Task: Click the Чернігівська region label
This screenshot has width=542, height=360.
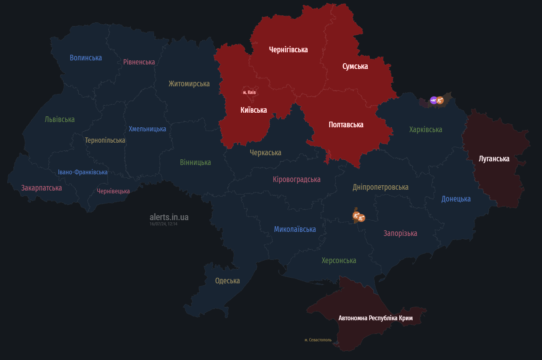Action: click(288, 50)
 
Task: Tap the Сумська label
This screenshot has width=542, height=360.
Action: click(355, 66)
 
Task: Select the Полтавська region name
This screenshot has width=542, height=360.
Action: click(346, 125)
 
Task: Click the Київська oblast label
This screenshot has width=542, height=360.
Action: click(253, 110)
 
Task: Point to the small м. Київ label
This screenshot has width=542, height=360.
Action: click(249, 92)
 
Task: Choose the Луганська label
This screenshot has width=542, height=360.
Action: click(494, 159)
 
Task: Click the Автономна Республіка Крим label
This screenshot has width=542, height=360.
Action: click(375, 318)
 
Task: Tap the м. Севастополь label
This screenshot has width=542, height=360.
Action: click(318, 340)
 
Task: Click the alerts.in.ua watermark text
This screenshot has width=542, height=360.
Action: click(169, 217)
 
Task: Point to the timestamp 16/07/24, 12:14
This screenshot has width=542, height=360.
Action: click(163, 224)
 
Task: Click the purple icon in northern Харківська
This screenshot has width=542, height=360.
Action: click(434, 100)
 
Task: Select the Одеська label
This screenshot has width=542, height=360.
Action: click(227, 281)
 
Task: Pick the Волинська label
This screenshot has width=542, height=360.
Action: click(86, 58)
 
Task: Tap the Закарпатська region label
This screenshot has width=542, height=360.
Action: click(41, 188)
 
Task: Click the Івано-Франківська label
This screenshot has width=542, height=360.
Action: click(83, 172)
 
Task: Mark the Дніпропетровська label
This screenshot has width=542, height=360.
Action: click(380, 187)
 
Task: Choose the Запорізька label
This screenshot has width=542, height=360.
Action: click(400, 234)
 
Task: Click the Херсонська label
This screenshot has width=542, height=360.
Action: click(338, 261)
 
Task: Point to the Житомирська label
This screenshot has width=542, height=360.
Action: click(189, 84)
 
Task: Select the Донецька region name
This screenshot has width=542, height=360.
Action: click(456, 199)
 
